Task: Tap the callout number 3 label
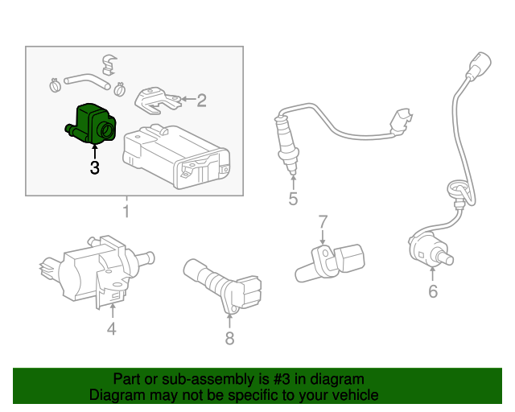[94, 168]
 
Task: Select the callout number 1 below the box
[126, 212]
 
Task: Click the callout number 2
[201, 101]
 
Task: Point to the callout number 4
[112, 328]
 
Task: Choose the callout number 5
[293, 199]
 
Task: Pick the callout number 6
[433, 290]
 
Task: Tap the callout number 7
[323, 221]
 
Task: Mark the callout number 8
[229, 339]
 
